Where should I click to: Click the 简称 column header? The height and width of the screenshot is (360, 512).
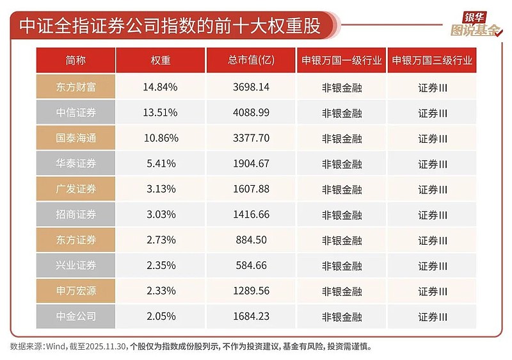[76, 61]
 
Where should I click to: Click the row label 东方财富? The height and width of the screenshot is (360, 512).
[76, 87]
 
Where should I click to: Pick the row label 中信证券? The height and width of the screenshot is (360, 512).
[76, 113]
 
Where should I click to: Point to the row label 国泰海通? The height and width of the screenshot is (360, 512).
[76, 138]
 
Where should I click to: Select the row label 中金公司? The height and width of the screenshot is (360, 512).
[76, 316]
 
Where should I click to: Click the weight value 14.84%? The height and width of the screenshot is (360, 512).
[161, 87]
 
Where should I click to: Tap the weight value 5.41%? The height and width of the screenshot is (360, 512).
[161, 164]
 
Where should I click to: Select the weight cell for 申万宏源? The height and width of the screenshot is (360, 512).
[161, 291]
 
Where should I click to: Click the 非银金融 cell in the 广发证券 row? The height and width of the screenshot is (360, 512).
[342, 190]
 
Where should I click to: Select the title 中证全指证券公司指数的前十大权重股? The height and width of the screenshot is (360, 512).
[169, 26]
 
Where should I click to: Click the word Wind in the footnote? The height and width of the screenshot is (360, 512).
[54, 347]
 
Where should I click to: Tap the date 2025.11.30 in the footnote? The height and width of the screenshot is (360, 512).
[102, 347]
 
